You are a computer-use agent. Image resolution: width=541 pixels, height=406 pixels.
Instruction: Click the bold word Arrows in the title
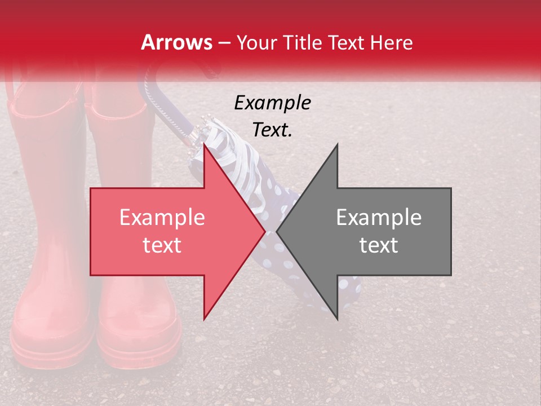[x=177, y=42]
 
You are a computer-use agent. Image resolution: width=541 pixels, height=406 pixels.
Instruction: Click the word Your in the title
[x=256, y=42]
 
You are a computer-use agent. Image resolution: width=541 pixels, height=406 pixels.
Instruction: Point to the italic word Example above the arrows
[x=272, y=103]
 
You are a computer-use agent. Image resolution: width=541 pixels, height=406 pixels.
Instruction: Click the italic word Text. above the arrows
[x=272, y=130]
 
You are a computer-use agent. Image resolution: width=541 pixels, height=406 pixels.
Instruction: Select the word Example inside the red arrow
[x=162, y=218]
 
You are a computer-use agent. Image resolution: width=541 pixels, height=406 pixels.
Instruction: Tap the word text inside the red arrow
[x=162, y=245]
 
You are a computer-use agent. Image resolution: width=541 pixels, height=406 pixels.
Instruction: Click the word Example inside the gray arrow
[x=379, y=218]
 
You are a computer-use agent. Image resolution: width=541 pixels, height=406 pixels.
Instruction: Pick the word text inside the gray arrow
[x=379, y=245]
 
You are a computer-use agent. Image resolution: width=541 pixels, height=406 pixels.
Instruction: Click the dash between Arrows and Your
[x=224, y=43]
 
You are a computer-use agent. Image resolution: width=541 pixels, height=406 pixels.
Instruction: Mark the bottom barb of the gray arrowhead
[x=337, y=318]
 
